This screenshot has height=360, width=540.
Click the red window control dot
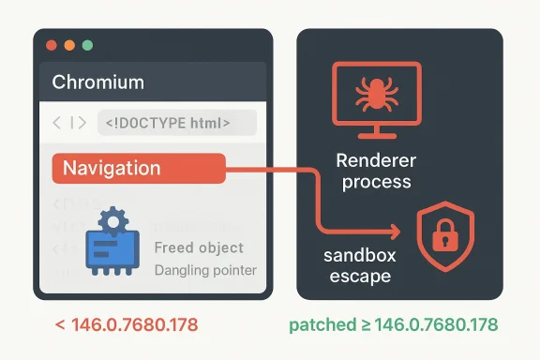pos(52,45)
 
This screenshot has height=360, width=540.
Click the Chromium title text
pos(97,82)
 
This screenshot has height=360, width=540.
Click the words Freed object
pos(198,248)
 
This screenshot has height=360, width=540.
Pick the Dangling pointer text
pos(203,271)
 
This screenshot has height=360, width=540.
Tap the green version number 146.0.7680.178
pos(436,326)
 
